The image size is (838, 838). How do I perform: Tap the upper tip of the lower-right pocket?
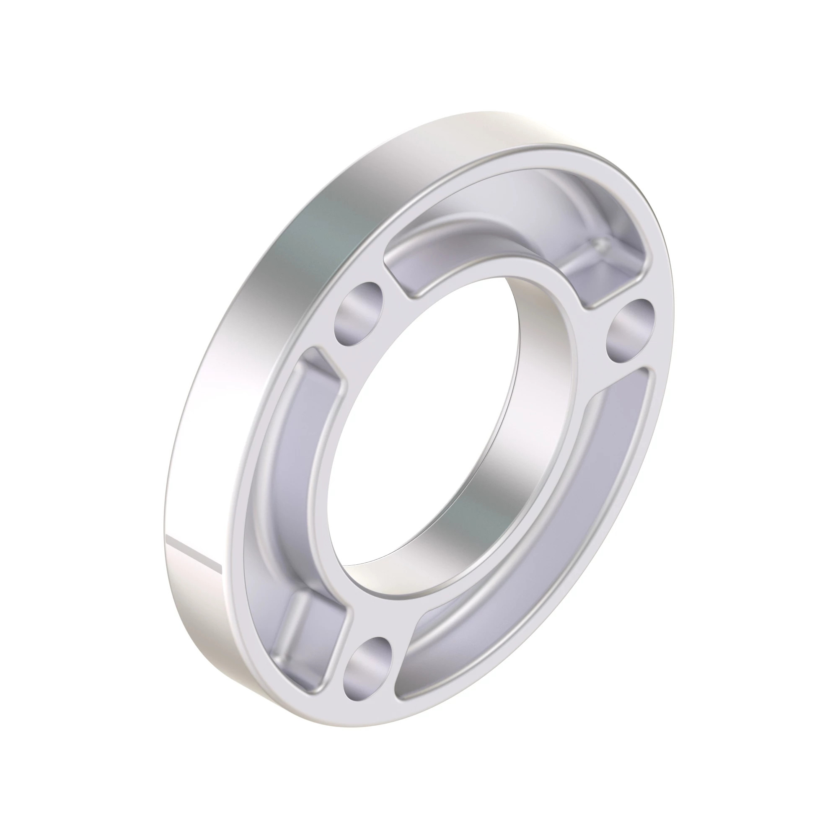click(x=642, y=382)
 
